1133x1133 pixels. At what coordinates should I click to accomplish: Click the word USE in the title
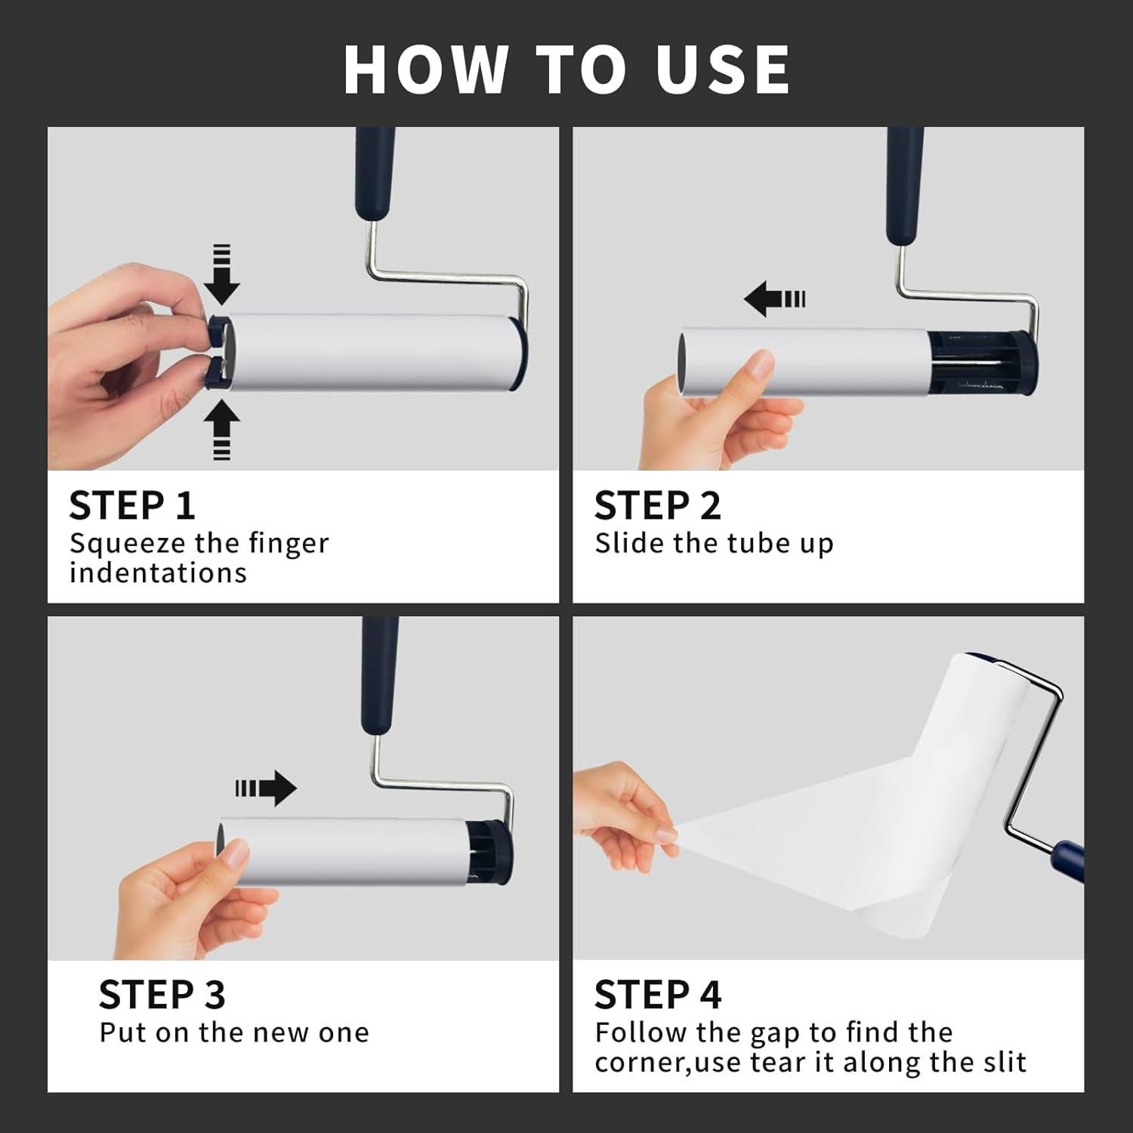point(722,69)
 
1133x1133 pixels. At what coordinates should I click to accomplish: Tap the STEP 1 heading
point(132,505)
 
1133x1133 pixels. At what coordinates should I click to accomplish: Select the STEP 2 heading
point(657,505)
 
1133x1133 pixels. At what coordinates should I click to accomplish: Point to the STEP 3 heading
point(162,995)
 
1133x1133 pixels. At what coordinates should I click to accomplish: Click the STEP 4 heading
point(657,995)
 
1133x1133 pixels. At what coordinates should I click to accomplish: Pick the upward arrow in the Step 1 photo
point(221,429)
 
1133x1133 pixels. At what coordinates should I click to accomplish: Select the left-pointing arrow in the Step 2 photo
point(775,299)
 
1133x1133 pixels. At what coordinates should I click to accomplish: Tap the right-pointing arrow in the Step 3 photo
point(266,789)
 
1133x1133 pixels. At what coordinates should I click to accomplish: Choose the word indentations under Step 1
point(158,573)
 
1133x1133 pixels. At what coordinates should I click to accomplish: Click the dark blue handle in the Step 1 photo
point(375,174)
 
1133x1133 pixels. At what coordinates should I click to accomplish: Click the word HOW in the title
point(424,69)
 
